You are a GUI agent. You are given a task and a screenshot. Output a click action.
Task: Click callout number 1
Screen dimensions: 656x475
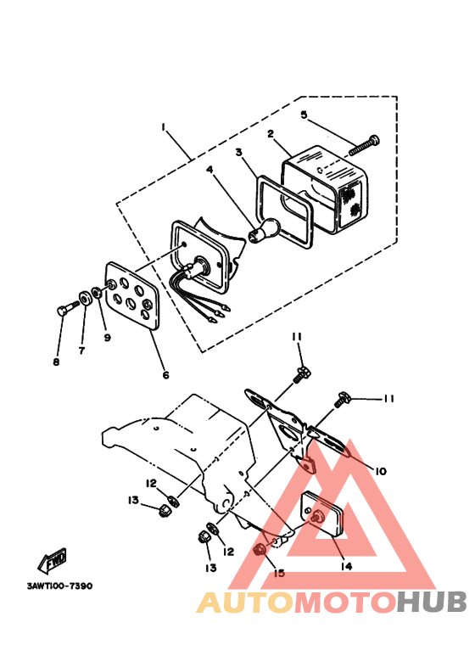click(x=163, y=128)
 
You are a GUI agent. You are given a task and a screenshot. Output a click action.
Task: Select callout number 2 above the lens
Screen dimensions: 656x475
click(x=270, y=134)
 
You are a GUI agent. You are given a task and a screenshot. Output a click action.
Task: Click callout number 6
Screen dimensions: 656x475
click(x=165, y=374)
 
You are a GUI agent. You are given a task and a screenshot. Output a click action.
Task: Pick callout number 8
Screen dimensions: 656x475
click(x=58, y=362)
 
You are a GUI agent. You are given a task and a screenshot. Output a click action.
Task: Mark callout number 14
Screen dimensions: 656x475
click(x=345, y=567)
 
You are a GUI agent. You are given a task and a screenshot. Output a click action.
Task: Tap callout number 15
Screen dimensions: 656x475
click(x=277, y=574)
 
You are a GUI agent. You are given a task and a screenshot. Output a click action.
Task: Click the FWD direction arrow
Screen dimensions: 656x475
click(x=53, y=561)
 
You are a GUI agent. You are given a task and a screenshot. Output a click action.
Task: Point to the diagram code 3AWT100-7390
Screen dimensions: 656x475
click(x=59, y=586)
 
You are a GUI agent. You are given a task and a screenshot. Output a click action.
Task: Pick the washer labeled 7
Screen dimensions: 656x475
click(x=86, y=300)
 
